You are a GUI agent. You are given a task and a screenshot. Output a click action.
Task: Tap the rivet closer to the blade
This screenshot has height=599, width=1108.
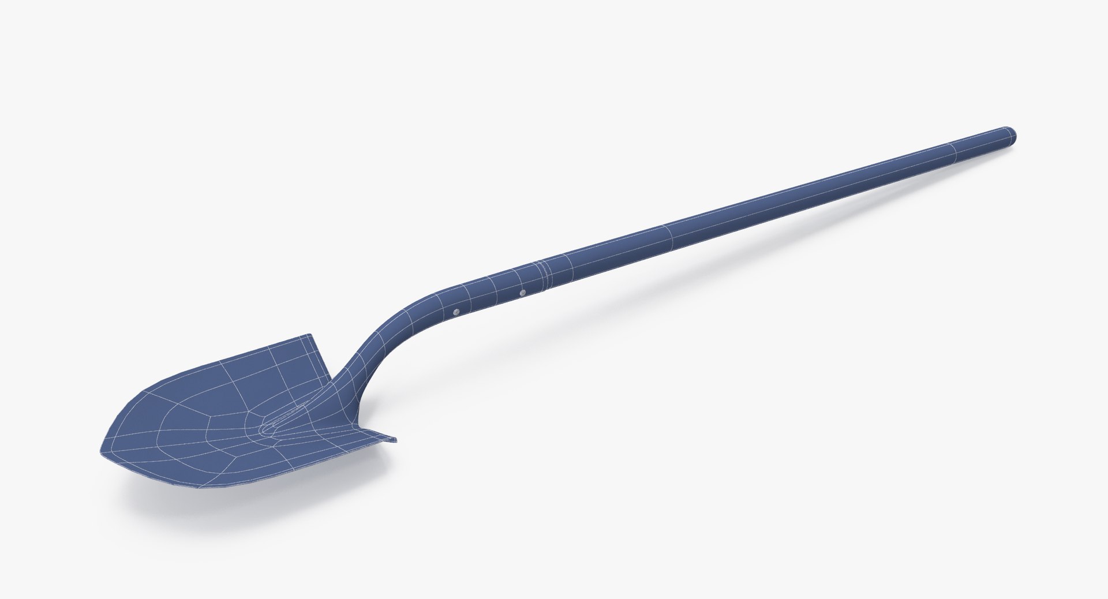[x=456, y=311]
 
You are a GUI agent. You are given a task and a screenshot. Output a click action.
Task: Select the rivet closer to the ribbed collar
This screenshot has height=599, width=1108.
[x=522, y=293]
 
